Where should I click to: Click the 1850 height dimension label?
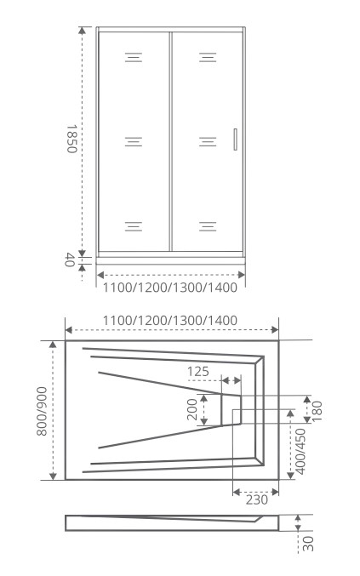(71, 139)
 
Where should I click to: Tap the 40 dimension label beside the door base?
(70, 260)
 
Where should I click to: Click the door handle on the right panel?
(235, 140)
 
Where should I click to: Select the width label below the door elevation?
(169, 288)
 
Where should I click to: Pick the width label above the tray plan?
(169, 320)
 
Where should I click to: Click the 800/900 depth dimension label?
(42, 411)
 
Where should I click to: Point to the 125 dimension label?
(198, 372)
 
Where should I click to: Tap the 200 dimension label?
(192, 409)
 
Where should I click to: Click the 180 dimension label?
(317, 411)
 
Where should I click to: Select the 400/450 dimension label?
(300, 451)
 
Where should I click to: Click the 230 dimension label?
(257, 500)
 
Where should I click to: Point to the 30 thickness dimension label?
(309, 544)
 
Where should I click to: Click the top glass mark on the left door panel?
(134, 57)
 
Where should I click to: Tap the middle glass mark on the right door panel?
(208, 142)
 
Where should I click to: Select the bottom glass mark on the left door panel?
(134, 226)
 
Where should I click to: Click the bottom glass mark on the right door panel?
(208, 226)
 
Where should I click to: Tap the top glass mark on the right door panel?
(208, 57)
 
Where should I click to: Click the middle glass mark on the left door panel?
(134, 142)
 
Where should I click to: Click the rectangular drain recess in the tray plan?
(231, 409)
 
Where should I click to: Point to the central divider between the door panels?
(171, 141)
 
